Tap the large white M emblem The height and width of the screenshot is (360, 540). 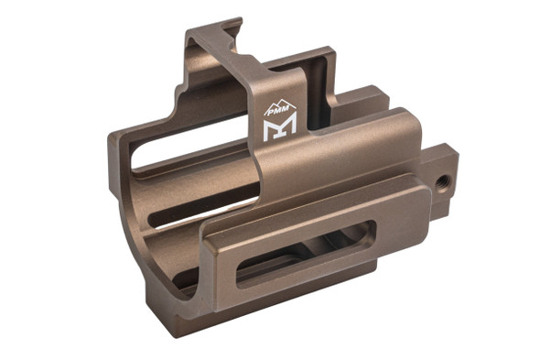click(280, 130)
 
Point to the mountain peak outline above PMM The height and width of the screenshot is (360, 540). click(280, 104)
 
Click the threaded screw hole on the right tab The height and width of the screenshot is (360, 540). click(442, 180)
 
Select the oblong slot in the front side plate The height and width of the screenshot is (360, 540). click(305, 254)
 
